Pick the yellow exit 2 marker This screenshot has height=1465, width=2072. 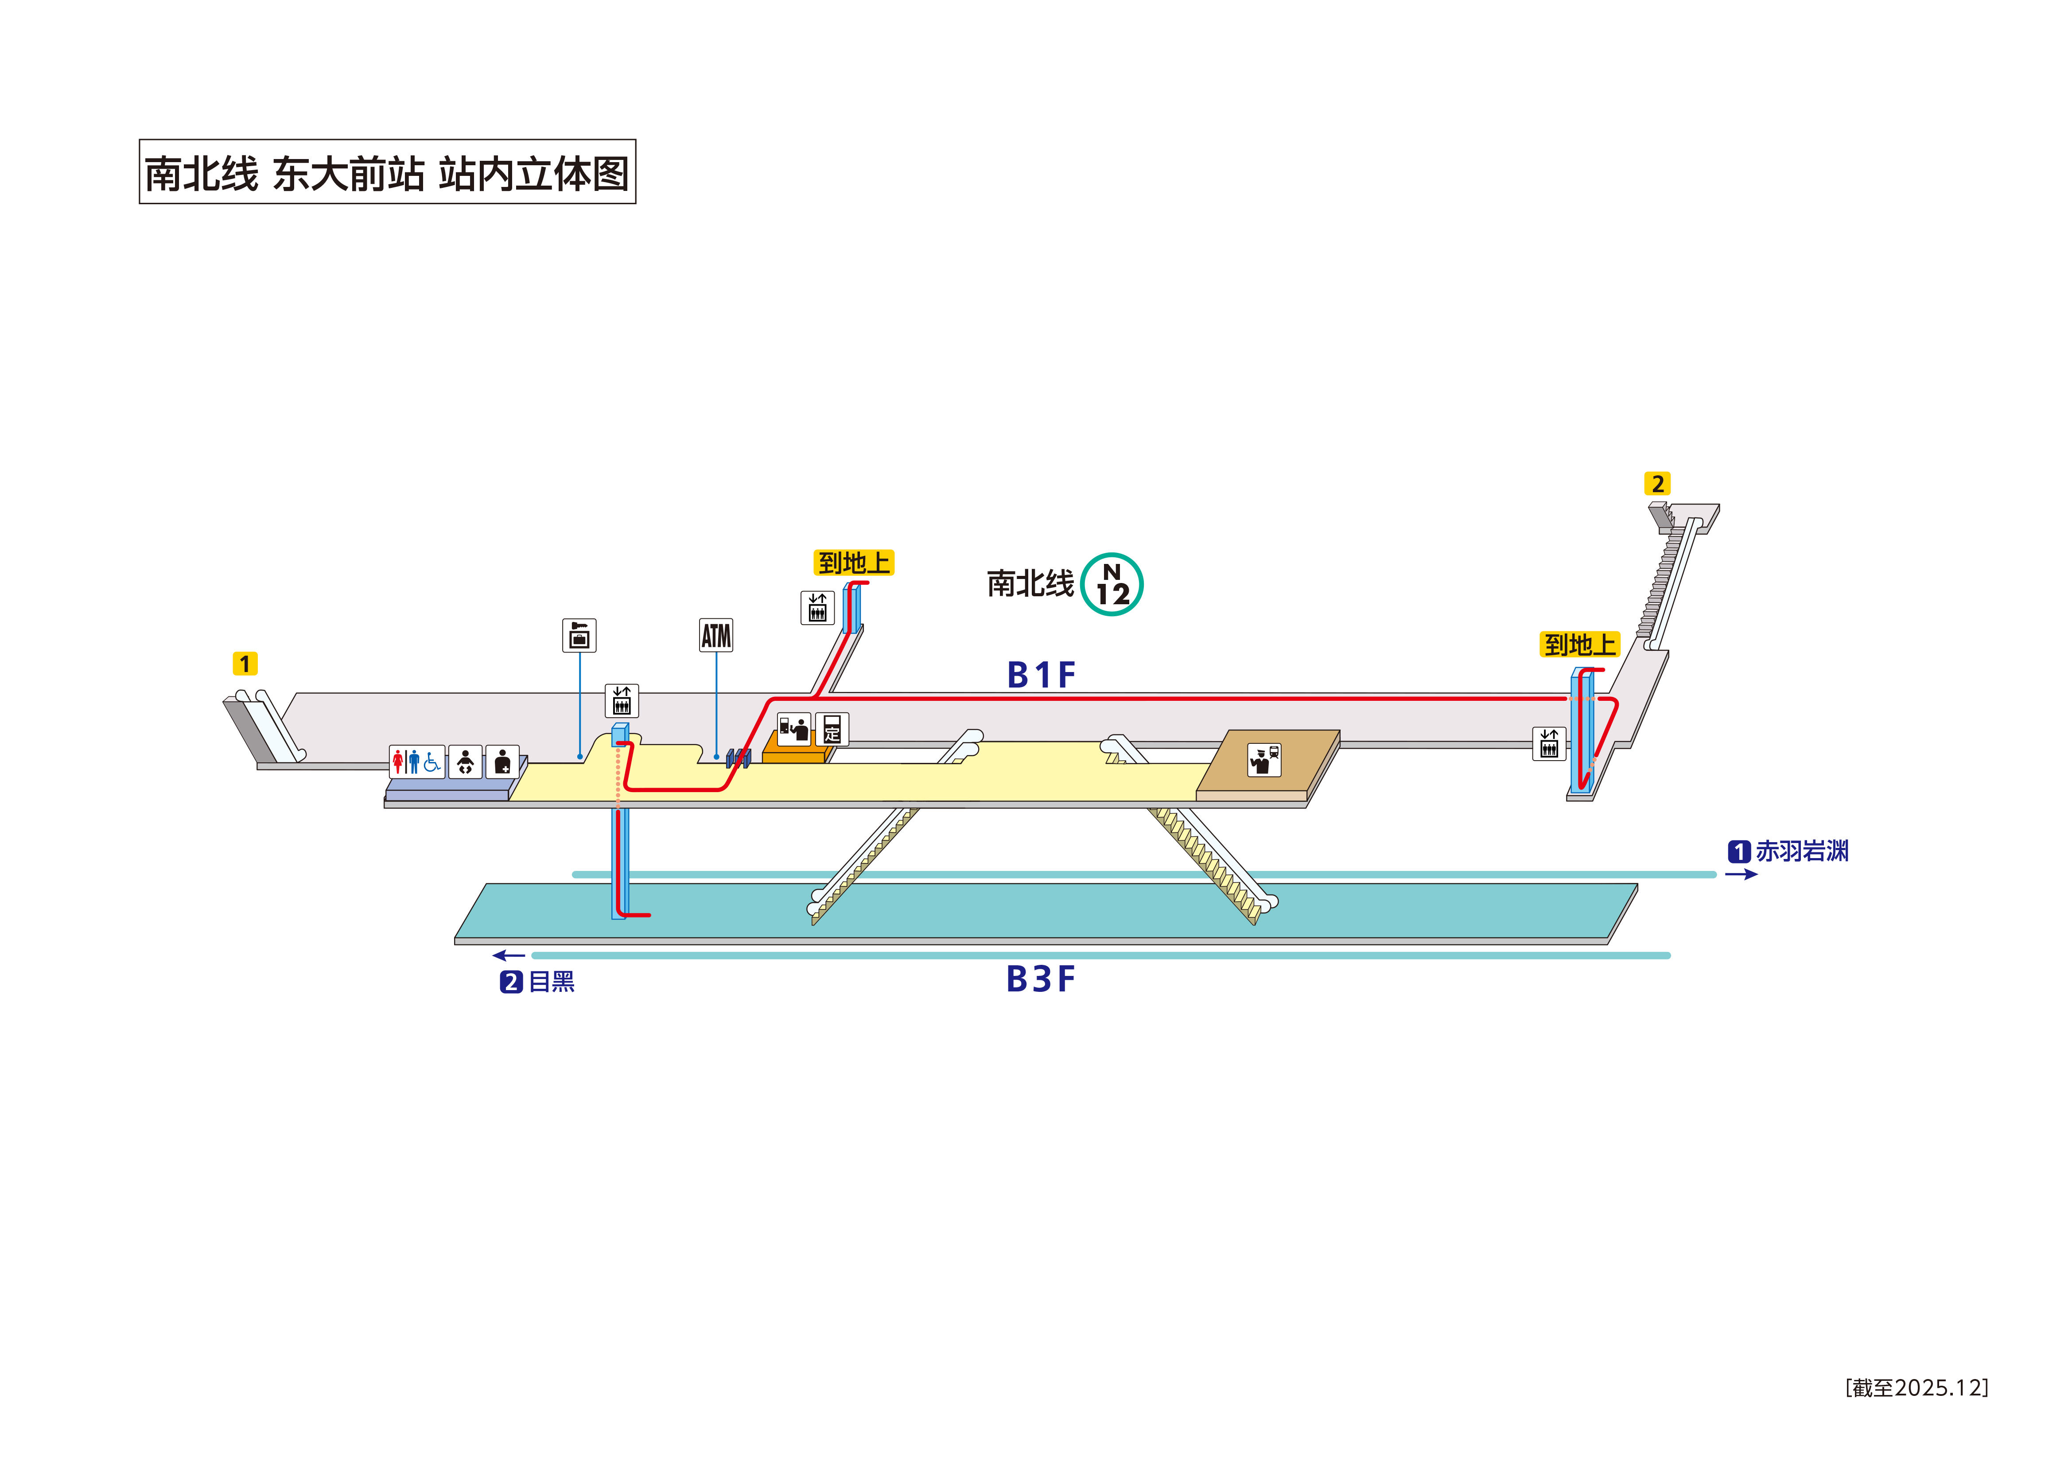1657,484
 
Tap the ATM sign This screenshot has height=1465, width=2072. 715,635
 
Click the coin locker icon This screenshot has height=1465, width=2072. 579,635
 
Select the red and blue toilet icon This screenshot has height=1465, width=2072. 417,762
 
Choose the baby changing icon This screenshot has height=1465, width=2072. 465,762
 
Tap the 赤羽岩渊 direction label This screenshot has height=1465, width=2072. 1801,851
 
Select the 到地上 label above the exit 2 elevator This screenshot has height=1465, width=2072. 1579,645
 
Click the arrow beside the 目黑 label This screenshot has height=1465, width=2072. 509,955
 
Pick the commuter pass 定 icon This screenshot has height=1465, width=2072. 832,728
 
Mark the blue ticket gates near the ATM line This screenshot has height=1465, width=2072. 738,758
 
